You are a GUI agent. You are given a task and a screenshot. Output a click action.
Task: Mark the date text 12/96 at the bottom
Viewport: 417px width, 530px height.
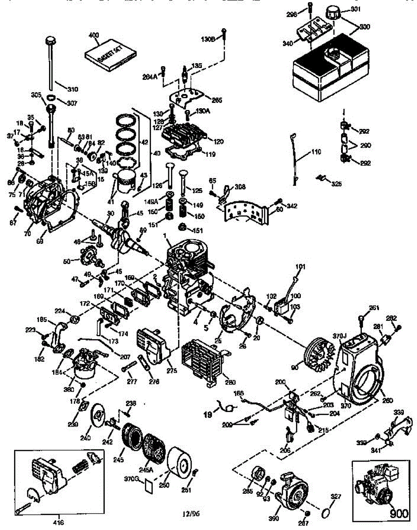pos(191,513)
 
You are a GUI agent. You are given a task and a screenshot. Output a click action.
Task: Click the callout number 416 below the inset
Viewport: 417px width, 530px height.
pos(58,523)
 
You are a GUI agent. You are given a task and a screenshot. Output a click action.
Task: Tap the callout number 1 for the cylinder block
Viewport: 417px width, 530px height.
pos(164,237)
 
